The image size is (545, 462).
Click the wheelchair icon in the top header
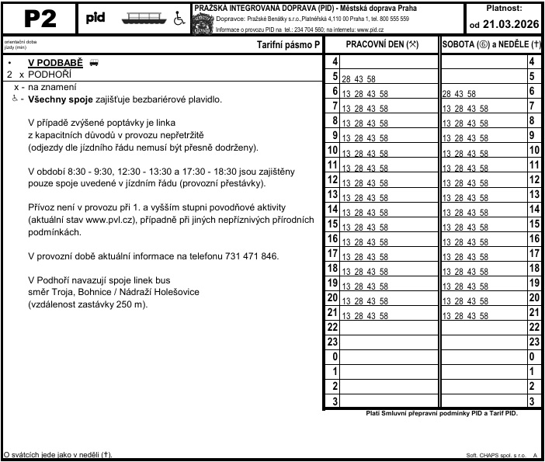[x=179, y=19]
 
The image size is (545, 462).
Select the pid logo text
[x=96, y=18]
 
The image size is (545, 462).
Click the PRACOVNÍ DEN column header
[x=380, y=45]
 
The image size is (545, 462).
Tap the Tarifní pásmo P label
[x=288, y=45]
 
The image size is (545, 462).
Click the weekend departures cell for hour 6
[x=482, y=92]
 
